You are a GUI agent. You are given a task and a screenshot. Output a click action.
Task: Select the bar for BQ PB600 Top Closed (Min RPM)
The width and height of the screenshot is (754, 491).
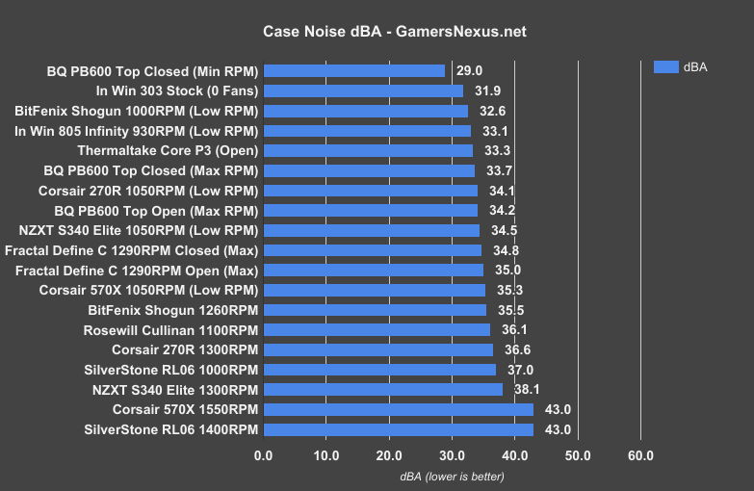[353, 70]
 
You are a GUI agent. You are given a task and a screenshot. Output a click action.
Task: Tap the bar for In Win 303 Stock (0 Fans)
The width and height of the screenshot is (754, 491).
[363, 90]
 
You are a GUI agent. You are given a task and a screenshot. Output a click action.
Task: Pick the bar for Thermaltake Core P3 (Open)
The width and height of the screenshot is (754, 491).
[368, 150]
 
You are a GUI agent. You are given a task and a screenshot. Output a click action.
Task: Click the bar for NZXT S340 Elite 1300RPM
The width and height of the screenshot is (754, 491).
[382, 389]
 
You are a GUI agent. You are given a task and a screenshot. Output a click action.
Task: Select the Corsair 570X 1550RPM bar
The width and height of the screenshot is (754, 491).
[398, 409]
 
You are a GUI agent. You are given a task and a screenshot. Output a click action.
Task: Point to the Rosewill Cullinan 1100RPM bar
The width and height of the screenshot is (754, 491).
[377, 329]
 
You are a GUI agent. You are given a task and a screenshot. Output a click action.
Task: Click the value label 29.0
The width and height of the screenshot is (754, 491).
[470, 70]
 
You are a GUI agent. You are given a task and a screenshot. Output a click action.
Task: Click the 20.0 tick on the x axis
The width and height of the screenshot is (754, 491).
[389, 454]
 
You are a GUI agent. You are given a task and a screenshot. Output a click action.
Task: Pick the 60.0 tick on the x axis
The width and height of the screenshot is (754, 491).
[640, 454]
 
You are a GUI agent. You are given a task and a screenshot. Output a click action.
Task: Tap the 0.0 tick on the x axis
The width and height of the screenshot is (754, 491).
[263, 454]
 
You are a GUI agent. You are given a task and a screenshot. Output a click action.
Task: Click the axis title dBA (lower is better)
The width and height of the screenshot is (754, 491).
[452, 477]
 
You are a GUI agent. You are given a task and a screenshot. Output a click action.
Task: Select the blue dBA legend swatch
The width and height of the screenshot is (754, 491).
[666, 66]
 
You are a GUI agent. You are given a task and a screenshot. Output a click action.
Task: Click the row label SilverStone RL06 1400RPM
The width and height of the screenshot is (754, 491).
[171, 429]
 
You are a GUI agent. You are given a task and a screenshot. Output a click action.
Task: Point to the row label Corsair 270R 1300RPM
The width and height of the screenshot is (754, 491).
[185, 349]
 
